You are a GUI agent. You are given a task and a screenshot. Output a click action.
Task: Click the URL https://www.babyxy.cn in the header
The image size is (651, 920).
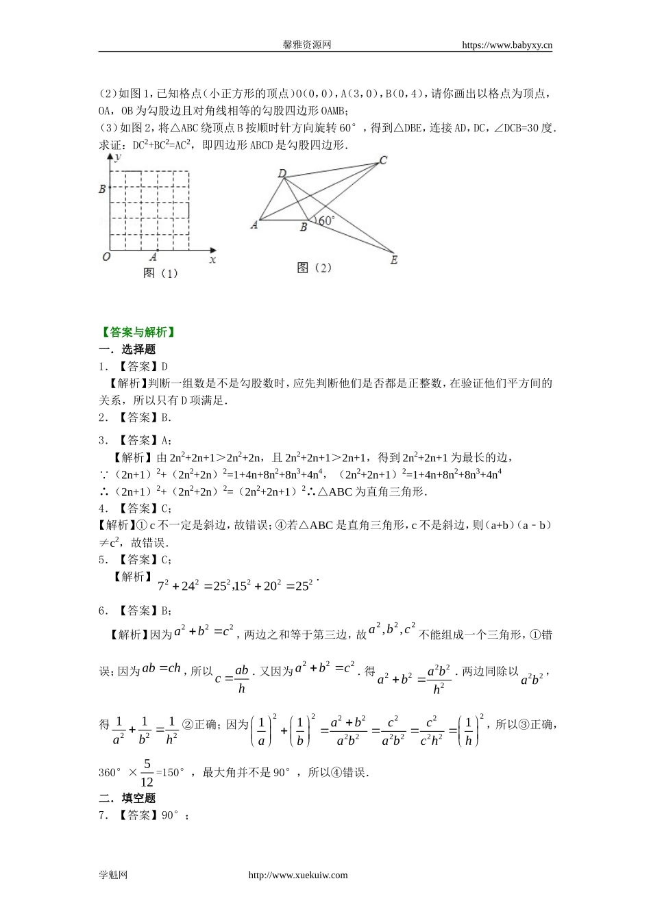tap(507, 45)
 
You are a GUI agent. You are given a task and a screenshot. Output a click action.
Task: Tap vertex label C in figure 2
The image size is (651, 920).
tap(383, 160)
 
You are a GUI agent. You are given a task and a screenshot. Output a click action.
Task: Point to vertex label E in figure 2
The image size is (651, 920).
tap(393, 260)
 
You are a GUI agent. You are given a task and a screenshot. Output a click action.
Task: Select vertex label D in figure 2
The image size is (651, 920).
tap(281, 173)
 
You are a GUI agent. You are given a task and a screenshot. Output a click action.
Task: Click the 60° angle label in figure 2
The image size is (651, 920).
tap(325, 220)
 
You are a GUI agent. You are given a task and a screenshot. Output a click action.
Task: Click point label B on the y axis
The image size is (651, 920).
tap(103, 188)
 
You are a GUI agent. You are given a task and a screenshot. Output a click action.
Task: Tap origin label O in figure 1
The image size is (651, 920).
tap(106, 257)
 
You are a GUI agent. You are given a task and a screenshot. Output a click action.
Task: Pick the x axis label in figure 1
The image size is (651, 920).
tap(212, 260)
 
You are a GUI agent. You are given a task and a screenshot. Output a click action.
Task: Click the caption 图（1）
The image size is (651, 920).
tap(160, 273)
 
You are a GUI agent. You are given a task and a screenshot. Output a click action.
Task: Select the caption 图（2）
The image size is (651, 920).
tap(314, 268)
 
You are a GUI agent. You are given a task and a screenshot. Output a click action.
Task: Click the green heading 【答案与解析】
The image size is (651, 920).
tap(137, 333)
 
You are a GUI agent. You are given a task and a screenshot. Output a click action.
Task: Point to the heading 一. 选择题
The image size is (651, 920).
tap(127, 350)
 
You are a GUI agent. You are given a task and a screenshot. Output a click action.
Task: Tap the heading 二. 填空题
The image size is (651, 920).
tap(127, 798)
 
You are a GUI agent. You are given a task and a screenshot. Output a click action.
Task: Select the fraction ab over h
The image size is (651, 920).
tap(241, 678)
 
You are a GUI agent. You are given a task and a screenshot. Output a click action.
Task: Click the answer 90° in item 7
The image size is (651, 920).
tap(170, 815)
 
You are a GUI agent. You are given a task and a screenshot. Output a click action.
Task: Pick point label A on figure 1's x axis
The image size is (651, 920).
tap(153, 257)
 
